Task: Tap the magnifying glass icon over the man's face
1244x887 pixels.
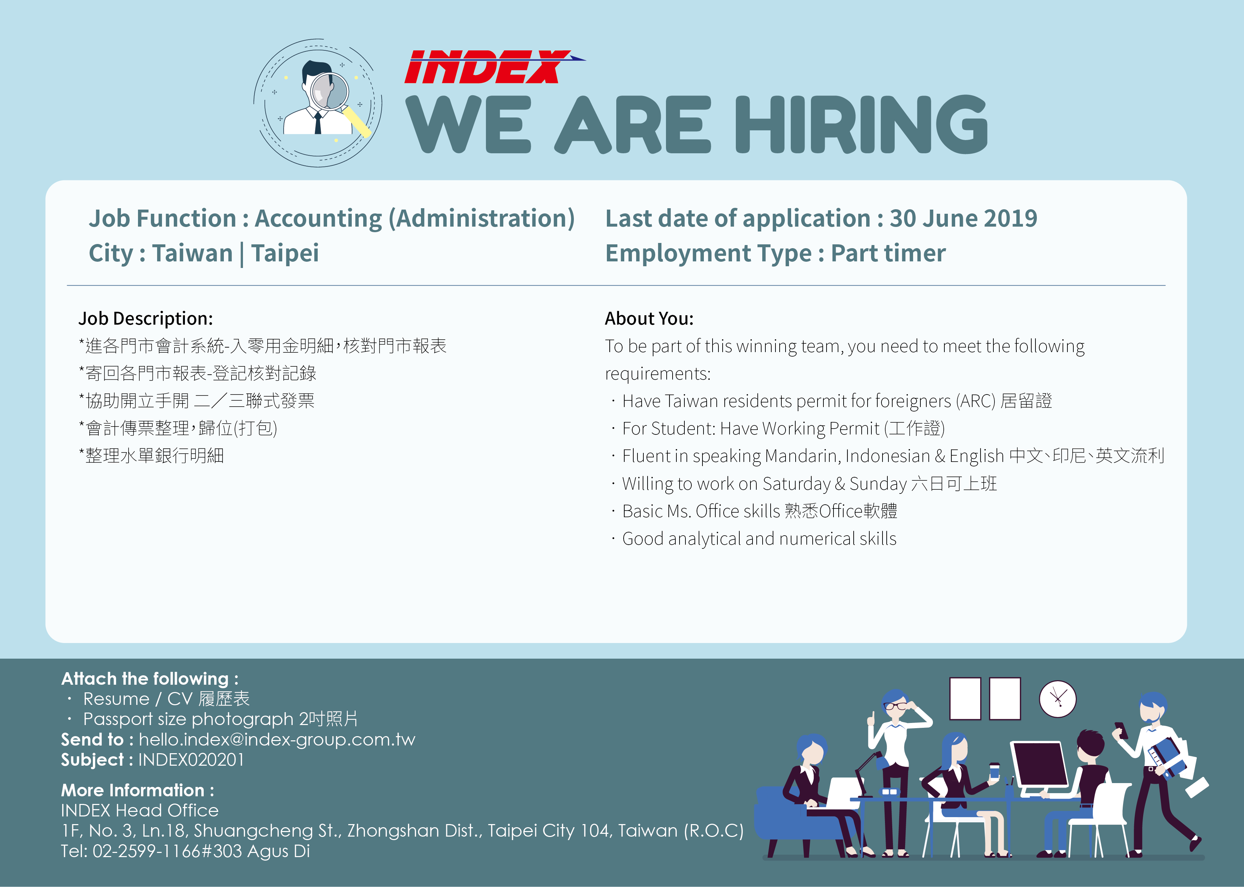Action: [339, 101]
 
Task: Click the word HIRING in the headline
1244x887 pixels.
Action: [861, 124]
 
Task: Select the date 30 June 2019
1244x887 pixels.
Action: [963, 219]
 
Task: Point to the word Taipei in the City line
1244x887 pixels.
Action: [285, 253]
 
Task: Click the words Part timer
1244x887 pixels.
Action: [888, 253]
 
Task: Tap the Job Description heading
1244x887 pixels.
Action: [146, 318]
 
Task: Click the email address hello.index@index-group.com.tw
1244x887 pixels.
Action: [277, 740]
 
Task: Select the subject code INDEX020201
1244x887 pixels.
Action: [191, 760]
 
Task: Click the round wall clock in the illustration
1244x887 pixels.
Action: [1058, 699]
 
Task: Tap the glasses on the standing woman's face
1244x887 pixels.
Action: [896, 706]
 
